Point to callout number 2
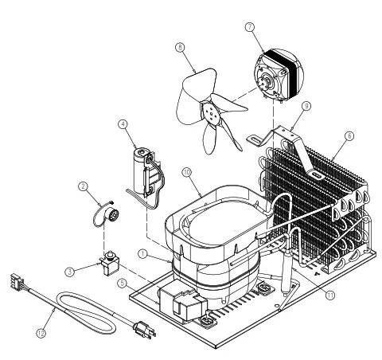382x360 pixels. point(82,187)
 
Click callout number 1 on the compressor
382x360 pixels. point(142,254)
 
